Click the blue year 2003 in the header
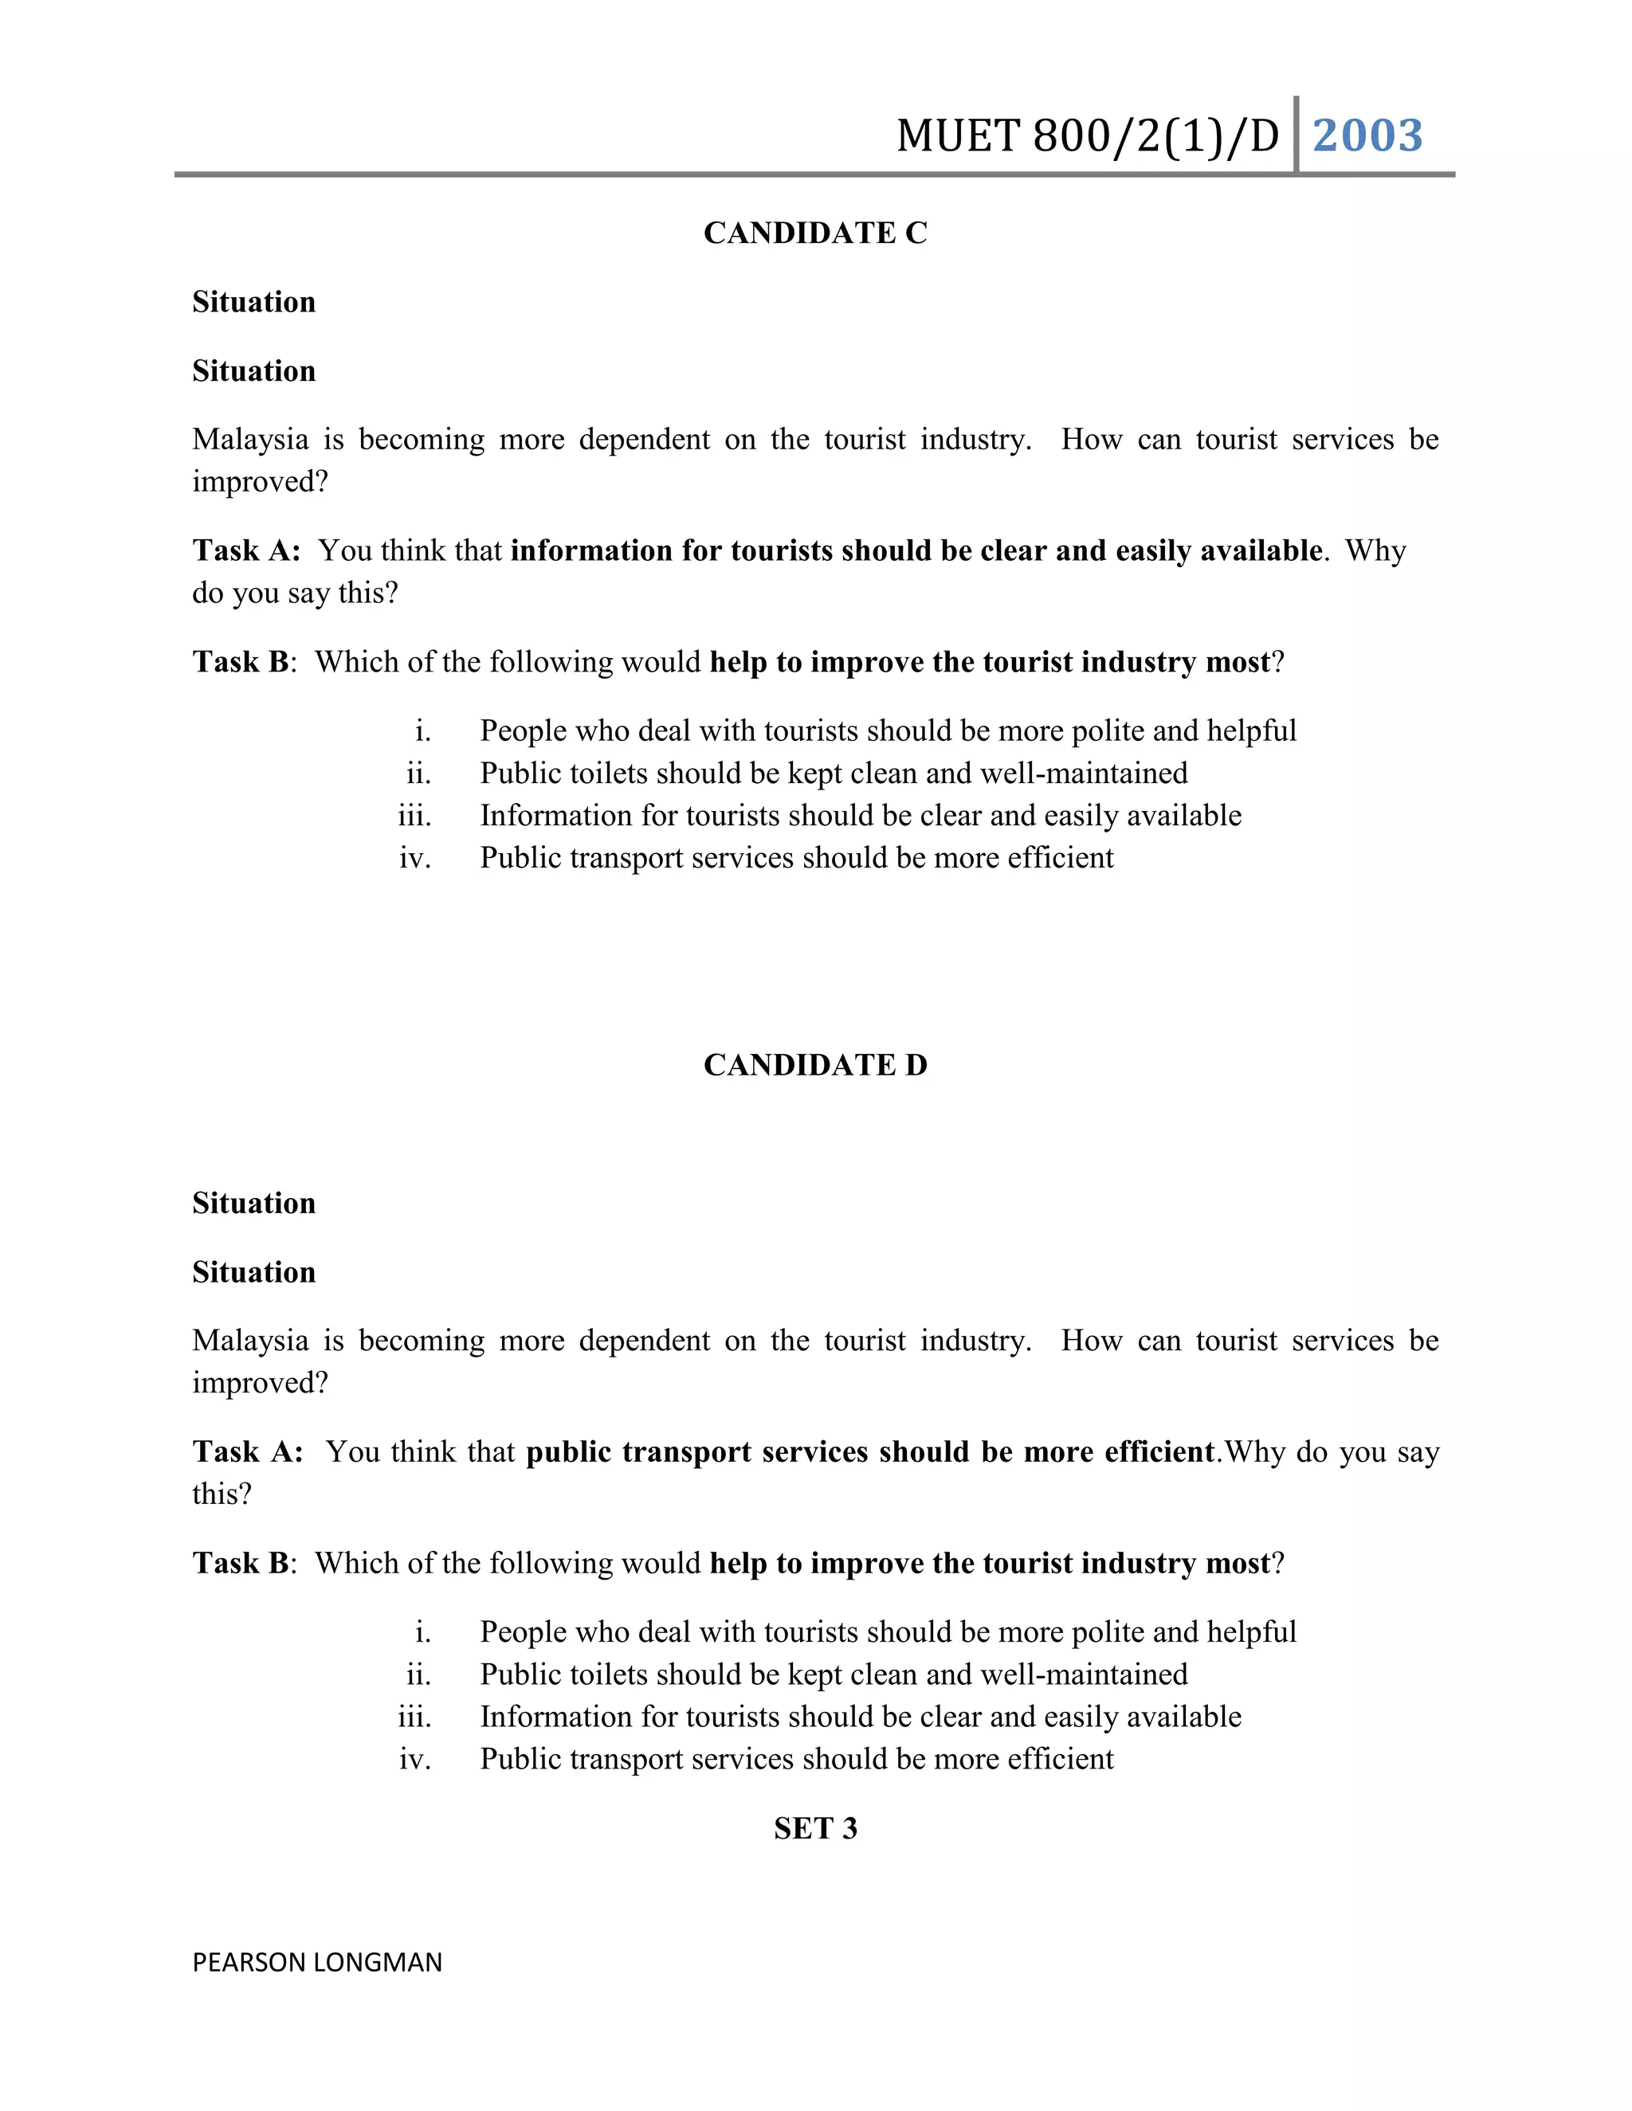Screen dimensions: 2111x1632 1367,135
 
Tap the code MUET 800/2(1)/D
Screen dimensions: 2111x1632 1088,136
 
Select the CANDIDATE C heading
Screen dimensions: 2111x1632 815,233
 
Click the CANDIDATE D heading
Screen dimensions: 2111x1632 815,1065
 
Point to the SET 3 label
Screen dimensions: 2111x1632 815,1829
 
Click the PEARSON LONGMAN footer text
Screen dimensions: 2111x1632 317,1962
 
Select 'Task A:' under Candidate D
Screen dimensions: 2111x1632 248,1451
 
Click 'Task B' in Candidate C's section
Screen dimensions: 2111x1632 241,662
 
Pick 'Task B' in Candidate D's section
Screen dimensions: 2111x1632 241,1563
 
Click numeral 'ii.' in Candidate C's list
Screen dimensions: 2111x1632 418,774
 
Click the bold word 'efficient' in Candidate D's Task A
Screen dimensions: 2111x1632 1159,1451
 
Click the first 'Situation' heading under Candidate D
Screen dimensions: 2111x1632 254,1204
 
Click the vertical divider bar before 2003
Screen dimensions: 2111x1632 1296,135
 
